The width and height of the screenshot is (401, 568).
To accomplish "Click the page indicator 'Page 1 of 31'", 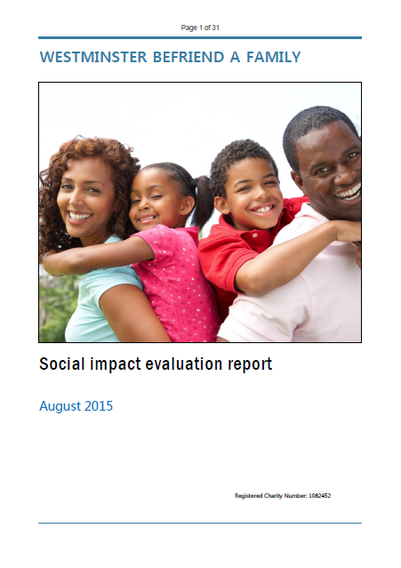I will click(200, 28).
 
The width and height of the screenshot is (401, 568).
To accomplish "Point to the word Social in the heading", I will click(64, 364).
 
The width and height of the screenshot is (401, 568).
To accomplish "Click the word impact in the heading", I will click(118, 364).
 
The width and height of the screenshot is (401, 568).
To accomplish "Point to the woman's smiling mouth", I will click(80, 216).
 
